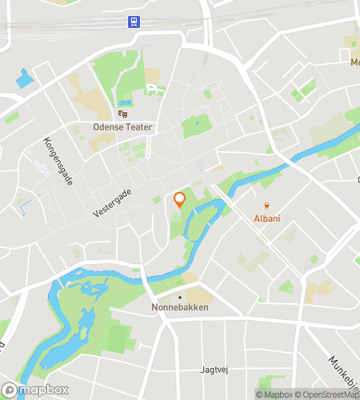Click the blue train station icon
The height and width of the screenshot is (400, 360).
pos(131,22)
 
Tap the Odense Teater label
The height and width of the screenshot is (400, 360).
pos(122,127)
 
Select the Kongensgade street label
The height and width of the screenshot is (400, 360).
pos(59,160)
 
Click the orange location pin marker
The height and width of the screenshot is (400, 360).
pos(179,199)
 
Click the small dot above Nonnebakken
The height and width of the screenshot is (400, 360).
pos(179,297)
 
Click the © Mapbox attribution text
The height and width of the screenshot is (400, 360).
pos(274,394)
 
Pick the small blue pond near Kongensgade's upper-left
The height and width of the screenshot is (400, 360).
pos(26,78)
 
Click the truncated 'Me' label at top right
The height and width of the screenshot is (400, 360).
pos(354,62)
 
